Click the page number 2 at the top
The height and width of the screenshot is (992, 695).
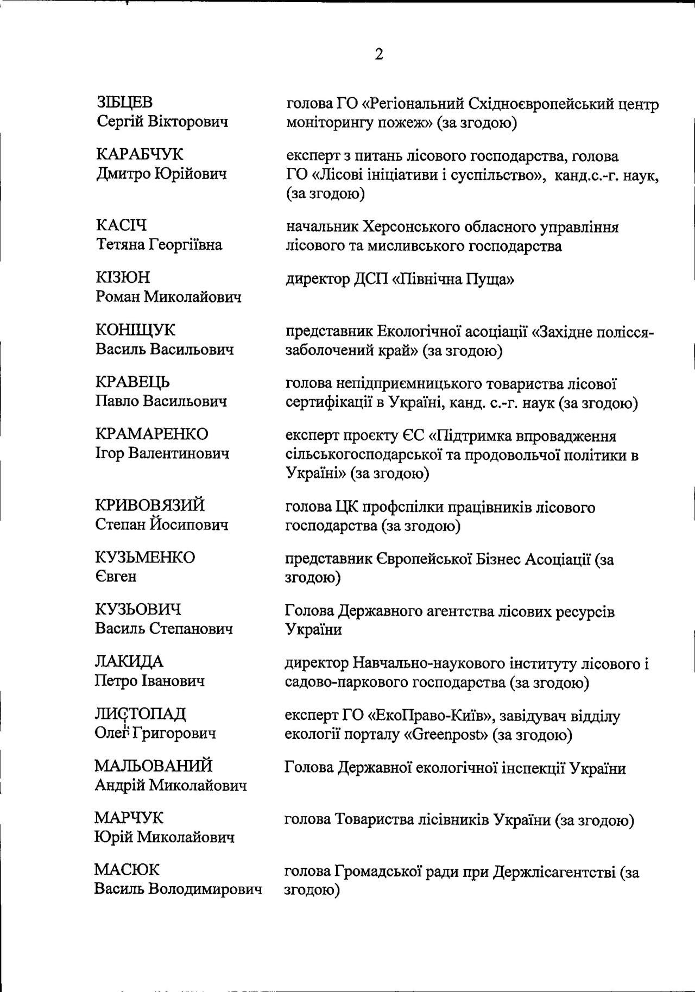coord(378,54)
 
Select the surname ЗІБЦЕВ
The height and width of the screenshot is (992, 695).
coord(124,102)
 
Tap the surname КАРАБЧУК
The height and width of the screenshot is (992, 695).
coord(140,154)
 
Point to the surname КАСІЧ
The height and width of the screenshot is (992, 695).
coord(121,225)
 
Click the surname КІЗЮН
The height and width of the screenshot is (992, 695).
coord(123,277)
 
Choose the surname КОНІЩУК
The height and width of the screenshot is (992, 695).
coord(136,330)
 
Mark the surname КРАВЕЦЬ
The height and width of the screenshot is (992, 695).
coord(132,382)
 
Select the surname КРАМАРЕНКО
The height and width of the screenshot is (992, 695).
coord(151,434)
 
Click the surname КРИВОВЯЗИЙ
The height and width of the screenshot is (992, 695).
coord(150,505)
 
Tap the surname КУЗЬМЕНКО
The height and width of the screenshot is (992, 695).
coord(144,557)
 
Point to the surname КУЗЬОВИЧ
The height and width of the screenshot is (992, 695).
coord(138,609)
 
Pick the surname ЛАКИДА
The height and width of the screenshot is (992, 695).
coord(129,661)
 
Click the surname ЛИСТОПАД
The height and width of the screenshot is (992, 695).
coord(140,713)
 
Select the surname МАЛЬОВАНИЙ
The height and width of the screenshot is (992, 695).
coord(153,766)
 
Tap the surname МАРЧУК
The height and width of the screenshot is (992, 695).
coord(129,818)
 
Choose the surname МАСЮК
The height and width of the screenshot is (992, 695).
coord(127,870)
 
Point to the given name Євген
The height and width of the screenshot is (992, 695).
coord(116,576)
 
